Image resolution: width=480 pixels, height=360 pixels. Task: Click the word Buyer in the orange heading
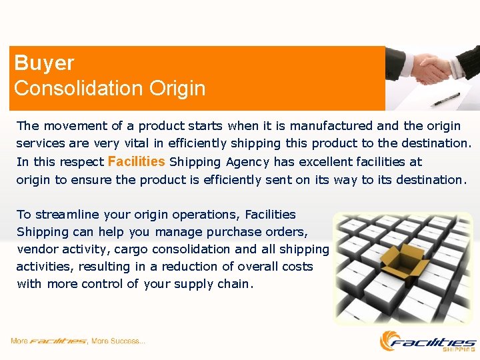[44, 63]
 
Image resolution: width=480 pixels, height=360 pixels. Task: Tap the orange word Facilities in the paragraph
[136, 161]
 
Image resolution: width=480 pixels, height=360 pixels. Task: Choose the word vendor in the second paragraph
[35, 249]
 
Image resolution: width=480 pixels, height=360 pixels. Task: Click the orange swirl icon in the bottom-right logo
[390, 340]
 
